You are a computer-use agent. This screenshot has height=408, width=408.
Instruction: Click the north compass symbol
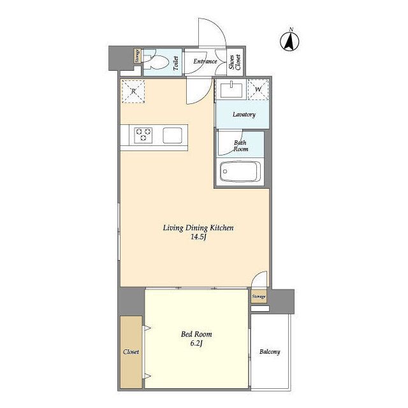pyautogui.click(x=289, y=40)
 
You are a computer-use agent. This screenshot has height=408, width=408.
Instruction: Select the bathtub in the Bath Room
pyautogui.click(x=240, y=171)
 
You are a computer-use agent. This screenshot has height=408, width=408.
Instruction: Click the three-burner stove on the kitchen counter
pyautogui.click(x=143, y=135)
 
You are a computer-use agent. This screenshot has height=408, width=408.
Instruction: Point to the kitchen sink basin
pyautogui.click(x=172, y=135)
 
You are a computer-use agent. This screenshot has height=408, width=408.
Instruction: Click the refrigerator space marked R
pyautogui.click(x=133, y=91)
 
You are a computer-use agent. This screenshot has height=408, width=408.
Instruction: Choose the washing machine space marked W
pyautogui.click(x=258, y=89)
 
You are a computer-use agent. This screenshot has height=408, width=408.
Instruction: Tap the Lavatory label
pyautogui.click(x=244, y=115)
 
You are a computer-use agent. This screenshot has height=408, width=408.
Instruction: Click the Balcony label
pyautogui.click(x=270, y=352)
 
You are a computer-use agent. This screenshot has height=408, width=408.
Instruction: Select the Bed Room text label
pyautogui.click(x=196, y=334)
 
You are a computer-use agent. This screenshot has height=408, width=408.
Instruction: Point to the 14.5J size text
pyautogui.click(x=198, y=237)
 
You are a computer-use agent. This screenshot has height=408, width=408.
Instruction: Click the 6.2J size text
pyautogui.click(x=196, y=344)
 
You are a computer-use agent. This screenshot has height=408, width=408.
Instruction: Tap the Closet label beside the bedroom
pyautogui.click(x=131, y=352)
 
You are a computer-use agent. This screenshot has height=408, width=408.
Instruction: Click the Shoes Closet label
pyautogui.click(x=235, y=62)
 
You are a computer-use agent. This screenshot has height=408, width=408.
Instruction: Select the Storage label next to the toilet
pyautogui.click(x=137, y=56)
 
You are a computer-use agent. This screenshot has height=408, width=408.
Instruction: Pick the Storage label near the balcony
pyautogui.click(x=259, y=296)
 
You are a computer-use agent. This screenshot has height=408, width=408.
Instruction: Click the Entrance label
pyautogui.click(x=205, y=61)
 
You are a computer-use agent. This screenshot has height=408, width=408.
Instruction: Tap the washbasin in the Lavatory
pyautogui.click(x=231, y=90)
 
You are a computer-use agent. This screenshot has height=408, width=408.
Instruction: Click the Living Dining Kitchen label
pyautogui.click(x=198, y=228)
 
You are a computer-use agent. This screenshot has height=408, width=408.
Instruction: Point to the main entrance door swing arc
pyautogui.click(x=219, y=26)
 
